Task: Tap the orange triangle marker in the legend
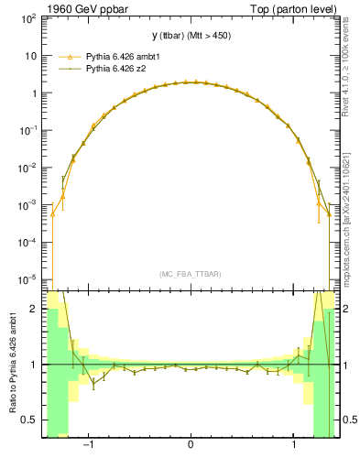(x=68, y=55)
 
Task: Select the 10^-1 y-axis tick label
(x=28, y=130)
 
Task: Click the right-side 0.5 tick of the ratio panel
(x=346, y=420)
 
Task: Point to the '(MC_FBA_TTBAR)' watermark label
(x=190, y=275)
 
